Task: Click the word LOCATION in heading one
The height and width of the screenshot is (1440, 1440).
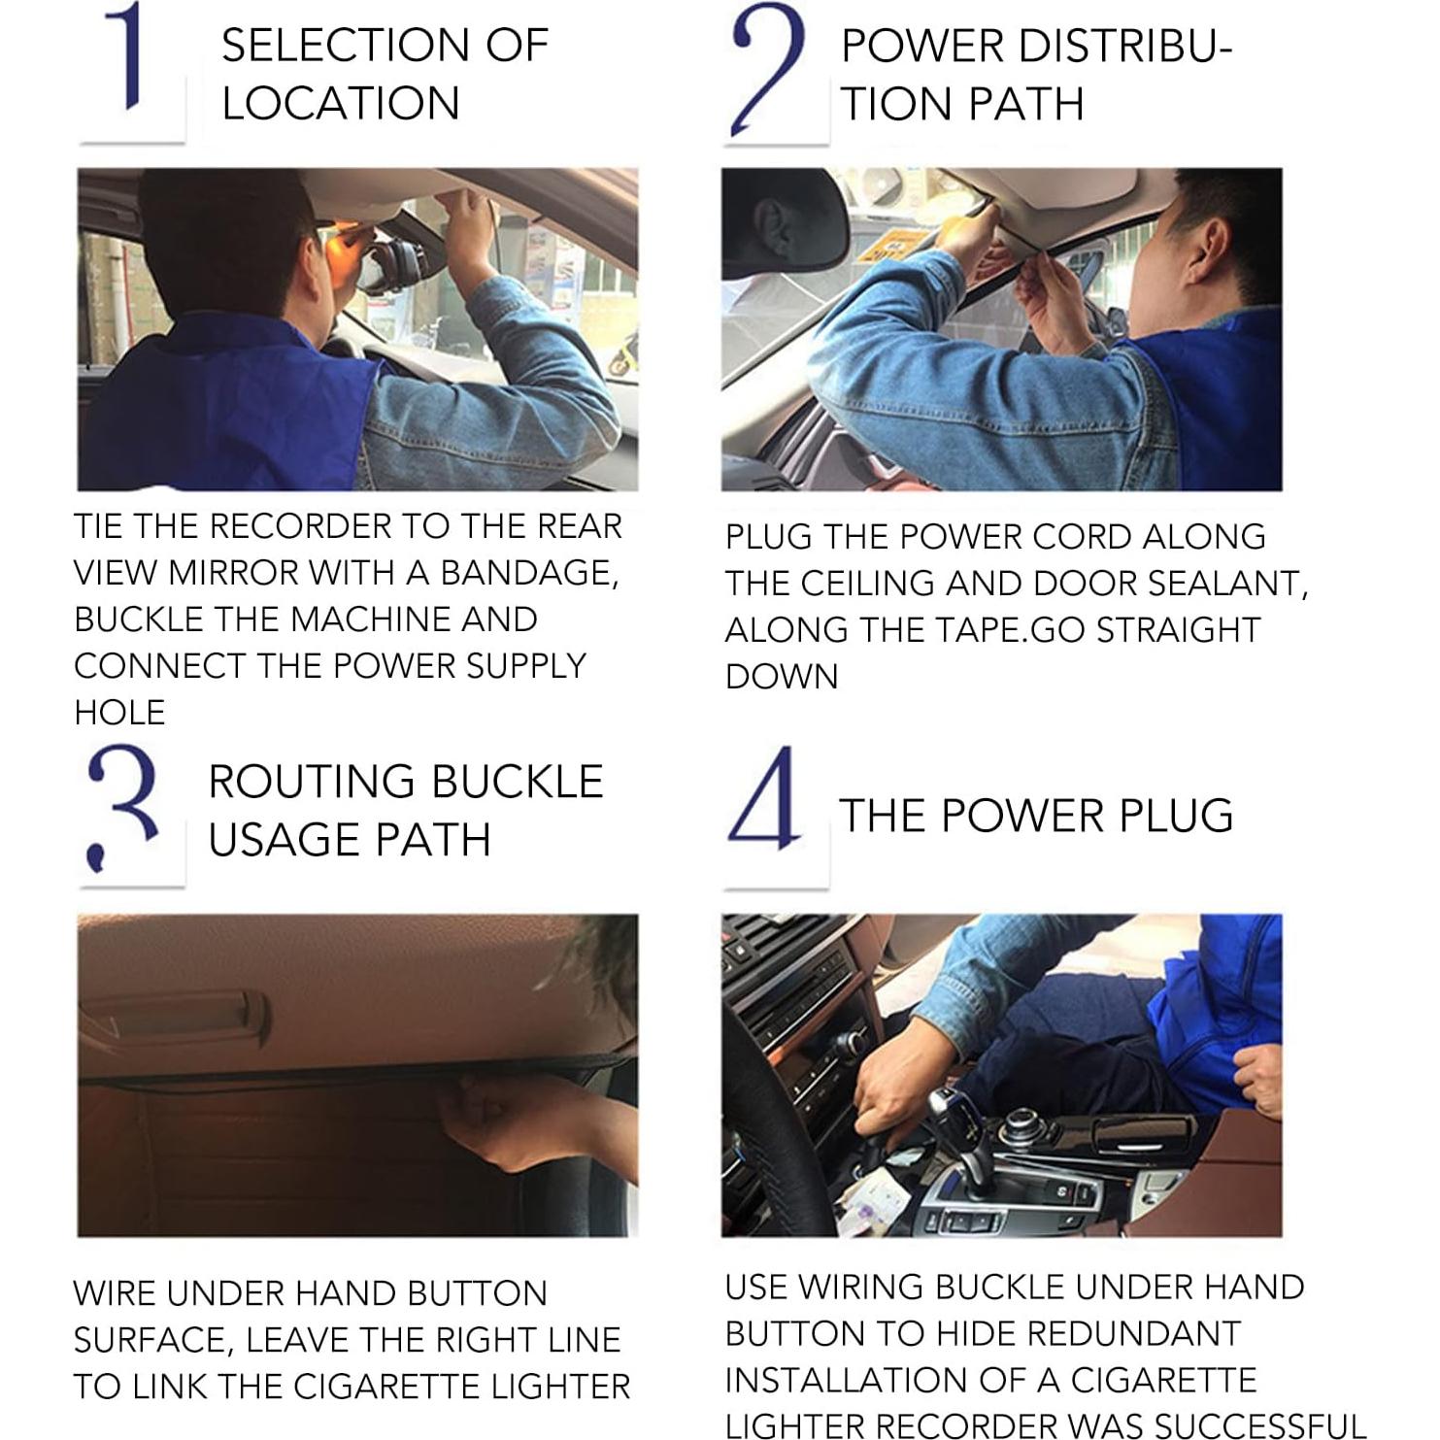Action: [340, 104]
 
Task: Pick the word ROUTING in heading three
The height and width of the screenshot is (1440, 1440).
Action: [312, 782]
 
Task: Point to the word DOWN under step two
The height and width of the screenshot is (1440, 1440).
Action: [781, 677]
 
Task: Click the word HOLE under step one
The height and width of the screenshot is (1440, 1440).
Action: [119, 713]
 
